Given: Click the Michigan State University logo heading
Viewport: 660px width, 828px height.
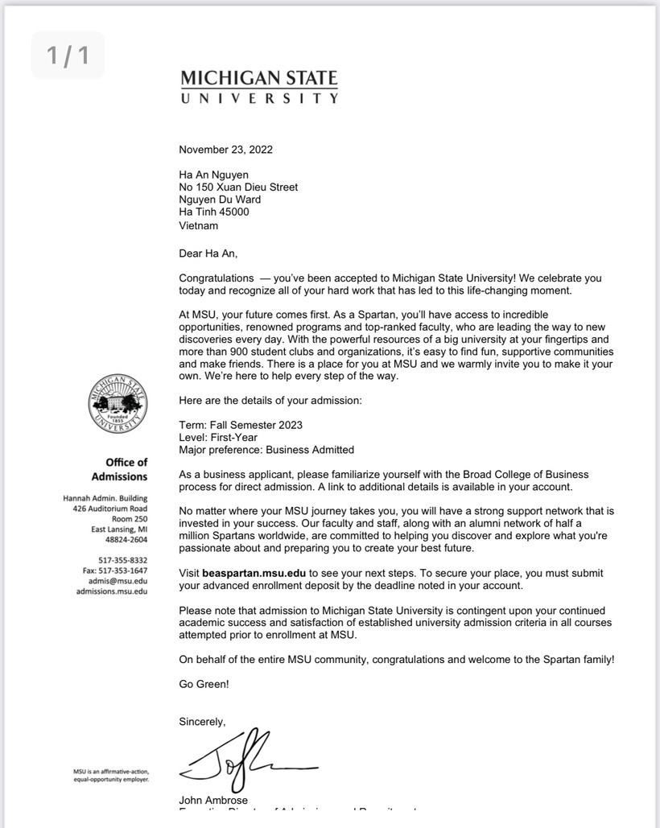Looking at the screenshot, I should (x=259, y=87).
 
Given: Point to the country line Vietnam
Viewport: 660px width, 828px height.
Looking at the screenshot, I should (x=198, y=225).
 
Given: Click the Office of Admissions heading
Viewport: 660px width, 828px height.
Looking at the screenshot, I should (x=119, y=469).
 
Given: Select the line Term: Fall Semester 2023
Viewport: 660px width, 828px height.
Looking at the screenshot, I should (x=241, y=425).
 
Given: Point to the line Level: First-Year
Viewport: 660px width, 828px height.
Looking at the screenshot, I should (x=218, y=438).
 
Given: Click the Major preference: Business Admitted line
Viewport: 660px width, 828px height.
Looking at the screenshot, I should (x=266, y=450).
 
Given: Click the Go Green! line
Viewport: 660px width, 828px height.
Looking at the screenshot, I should (x=204, y=684).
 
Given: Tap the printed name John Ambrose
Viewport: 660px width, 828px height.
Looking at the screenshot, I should (x=213, y=800).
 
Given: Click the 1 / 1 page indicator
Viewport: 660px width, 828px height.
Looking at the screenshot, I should (x=68, y=56).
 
